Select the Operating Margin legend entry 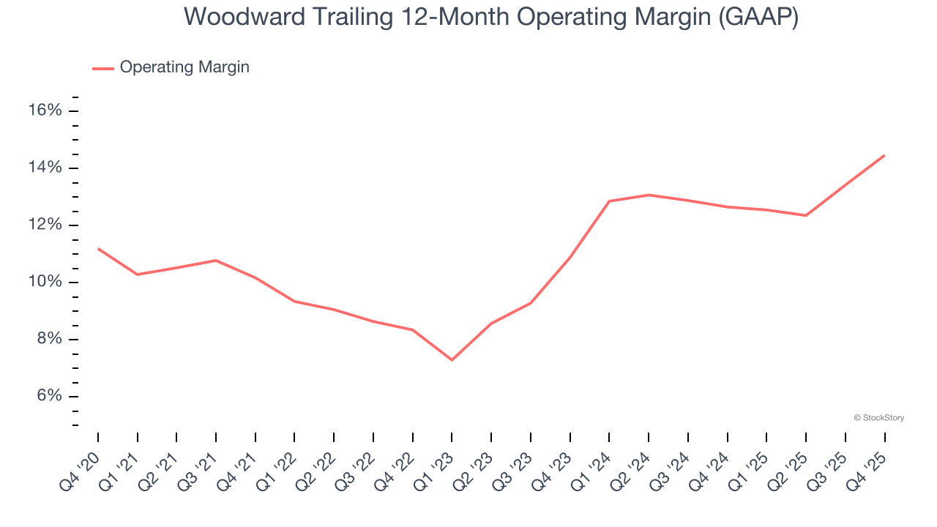(184, 67)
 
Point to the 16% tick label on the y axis (45, 111)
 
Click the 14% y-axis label (45, 168)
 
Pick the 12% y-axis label (45, 225)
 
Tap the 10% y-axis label (45, 283)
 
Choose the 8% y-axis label (49, 340)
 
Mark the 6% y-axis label (49, 397)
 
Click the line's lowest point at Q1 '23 (452, 360)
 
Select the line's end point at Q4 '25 (884, 155)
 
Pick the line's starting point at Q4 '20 (98, 249)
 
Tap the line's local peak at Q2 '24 (649, 195)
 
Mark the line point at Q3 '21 (216, 261)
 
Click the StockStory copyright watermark (879, 418)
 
